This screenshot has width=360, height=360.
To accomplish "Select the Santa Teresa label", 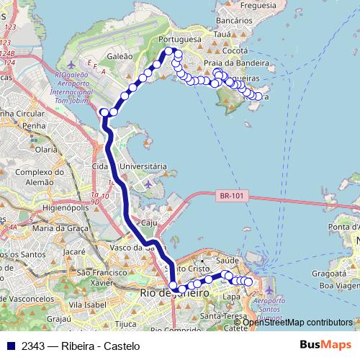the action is [x=219, y=316].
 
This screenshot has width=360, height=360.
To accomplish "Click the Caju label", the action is [x=150, y=222].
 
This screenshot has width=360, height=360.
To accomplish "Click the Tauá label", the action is [x=223, y=34].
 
